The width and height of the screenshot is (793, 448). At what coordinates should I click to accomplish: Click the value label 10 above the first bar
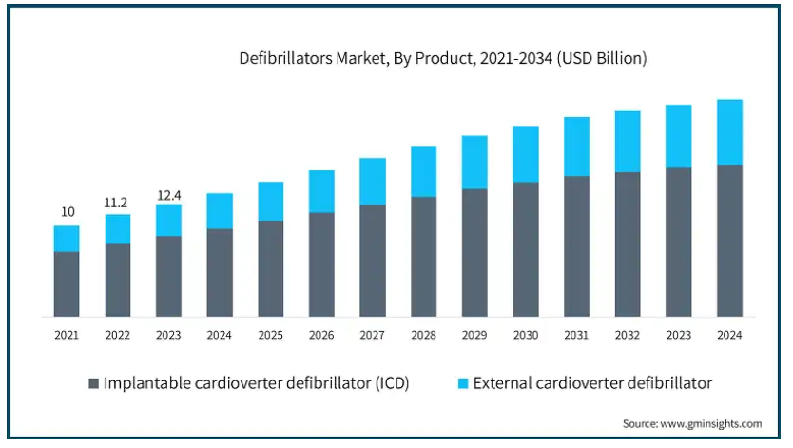pos(68,212)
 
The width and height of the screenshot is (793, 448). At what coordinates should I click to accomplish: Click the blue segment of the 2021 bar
pos(67,239)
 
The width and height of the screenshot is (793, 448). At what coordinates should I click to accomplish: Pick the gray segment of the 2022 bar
pos(118,280)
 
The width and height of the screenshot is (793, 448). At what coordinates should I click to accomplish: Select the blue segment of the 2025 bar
pos(271,201)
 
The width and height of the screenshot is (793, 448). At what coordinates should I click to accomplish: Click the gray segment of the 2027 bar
pos(373,260)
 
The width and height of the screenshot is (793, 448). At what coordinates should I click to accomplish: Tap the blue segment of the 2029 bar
pos(474,162)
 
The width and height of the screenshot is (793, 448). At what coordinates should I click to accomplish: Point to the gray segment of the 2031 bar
pos(576,245)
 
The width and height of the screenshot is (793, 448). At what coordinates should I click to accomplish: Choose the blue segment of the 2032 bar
pos(628,141)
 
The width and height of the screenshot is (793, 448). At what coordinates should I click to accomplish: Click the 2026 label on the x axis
pos(321,335)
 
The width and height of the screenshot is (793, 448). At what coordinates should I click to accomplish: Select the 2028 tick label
pos(423,335)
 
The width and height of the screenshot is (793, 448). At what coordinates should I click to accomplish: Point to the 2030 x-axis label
pos(526,335)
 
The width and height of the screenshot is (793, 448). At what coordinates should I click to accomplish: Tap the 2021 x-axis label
pos(67,335)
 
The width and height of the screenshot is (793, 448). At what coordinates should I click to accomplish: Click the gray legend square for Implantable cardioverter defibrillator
pos(93,383)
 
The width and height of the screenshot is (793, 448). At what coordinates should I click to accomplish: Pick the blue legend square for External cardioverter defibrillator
pos(463,383)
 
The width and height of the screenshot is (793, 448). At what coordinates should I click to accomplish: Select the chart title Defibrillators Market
pos(443,59)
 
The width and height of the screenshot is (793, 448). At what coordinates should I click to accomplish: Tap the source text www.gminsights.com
pos(692,423)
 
